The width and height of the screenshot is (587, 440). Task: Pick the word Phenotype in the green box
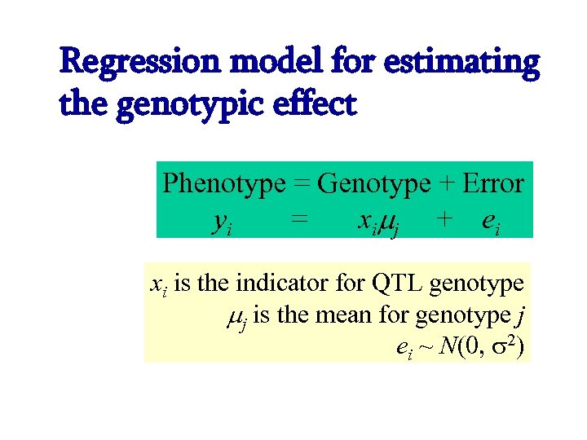pyautogui.click(x=223, y=183)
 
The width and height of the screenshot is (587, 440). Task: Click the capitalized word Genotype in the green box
pyautogui.click(x=373, y=183)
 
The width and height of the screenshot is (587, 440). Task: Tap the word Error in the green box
pyautogui.click(x=492, y=183)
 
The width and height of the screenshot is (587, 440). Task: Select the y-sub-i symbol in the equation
pyautogui.click(x=221, y=220)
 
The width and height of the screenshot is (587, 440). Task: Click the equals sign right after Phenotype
pyautogui.click(x=301, y=183)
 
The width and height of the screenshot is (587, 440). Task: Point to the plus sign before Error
pyautogui.click(x=445, y=183)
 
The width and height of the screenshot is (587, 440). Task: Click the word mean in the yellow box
pyautogui.click(x=347, y=315)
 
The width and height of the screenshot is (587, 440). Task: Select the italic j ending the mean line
pyautogui.click(x=519, y=316)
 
